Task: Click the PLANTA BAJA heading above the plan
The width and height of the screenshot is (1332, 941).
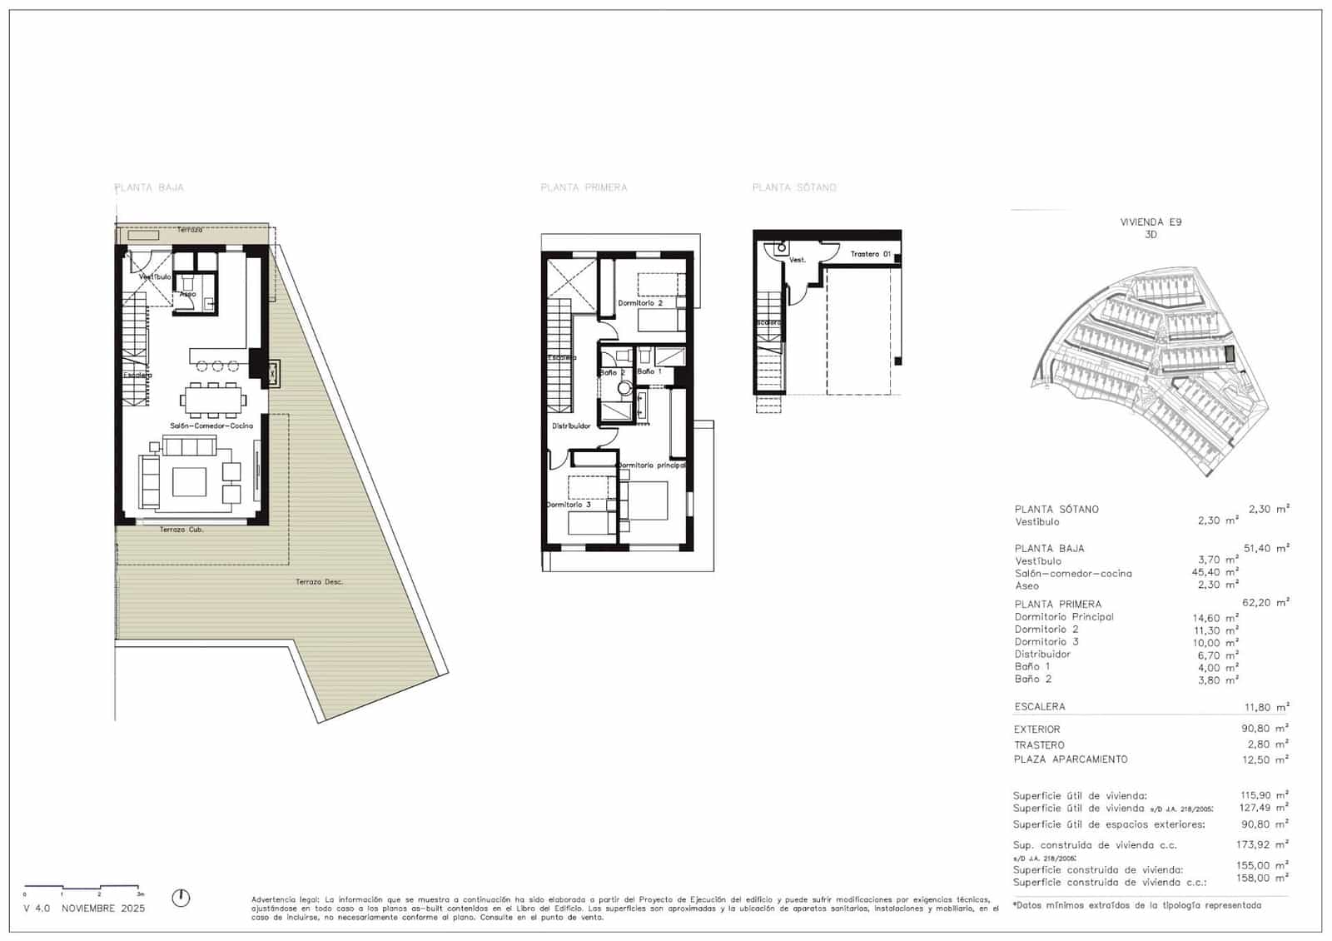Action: click(149, 187)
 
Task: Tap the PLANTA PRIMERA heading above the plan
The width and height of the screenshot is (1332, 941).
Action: click(584, 187)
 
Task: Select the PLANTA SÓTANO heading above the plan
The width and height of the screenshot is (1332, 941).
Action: click(794, 187)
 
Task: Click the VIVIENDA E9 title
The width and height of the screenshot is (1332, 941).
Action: click(1151, 222)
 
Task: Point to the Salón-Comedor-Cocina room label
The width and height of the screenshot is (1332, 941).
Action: click(211, 426)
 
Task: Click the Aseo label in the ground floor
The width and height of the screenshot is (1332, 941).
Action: click(188, 294)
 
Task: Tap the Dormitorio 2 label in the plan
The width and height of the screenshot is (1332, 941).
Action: click(640, 303)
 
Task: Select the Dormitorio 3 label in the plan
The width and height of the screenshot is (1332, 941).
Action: click(569, 505)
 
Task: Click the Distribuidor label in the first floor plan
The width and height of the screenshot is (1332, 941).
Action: click(571, 426)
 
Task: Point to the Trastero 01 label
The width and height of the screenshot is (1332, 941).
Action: click(870, 254)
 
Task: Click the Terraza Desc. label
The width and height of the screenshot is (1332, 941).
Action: click(319, 581)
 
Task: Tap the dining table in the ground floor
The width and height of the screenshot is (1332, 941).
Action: click(214, 401)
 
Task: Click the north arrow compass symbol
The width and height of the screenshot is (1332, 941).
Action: click(181, 898)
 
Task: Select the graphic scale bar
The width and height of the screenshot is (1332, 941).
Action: click(82, 888)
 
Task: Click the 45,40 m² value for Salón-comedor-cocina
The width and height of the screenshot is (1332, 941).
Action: click(1214, 573)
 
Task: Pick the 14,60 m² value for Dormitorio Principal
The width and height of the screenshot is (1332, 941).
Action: click(1214, 618)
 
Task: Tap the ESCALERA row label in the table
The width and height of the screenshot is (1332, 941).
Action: click(1039, 707)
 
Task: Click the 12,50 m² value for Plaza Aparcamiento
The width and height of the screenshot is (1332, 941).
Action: click(1265, 759)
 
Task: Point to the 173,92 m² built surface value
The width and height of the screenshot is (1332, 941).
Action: click(1263, 844)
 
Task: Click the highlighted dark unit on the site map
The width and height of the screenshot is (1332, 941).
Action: click(1230, 355)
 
